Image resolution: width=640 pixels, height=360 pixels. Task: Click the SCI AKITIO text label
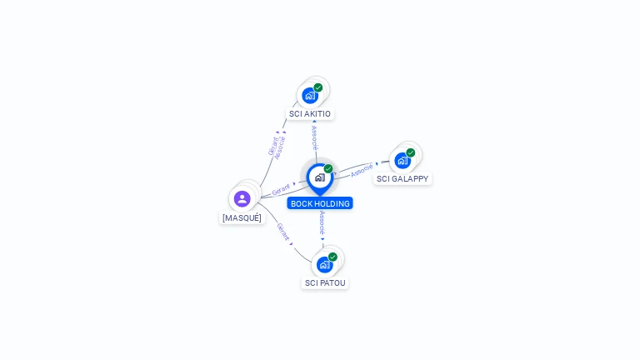310,114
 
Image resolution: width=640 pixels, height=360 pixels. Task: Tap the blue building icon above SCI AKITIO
310,96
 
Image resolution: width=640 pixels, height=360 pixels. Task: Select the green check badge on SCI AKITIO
318,87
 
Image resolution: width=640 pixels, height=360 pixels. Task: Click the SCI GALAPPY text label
402,179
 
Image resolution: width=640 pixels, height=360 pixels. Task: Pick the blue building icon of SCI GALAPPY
402,161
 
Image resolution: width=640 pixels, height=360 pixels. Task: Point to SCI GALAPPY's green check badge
411,152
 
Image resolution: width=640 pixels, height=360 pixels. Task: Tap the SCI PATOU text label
325,282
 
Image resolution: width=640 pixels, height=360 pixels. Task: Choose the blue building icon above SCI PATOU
325,265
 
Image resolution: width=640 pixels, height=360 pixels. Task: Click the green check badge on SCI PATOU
333,257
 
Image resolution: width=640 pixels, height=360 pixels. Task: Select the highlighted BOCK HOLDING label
320,203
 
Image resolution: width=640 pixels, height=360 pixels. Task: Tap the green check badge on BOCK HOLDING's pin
328,168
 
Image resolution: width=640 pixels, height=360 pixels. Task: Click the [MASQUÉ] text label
242,218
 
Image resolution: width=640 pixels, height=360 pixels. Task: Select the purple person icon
242,199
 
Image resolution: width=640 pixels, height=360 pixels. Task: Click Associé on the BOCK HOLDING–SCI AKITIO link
314,137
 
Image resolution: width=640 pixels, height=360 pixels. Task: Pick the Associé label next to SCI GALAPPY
362,170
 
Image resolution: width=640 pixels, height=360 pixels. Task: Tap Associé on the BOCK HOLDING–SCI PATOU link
322,222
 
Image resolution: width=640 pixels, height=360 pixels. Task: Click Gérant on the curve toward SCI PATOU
282,232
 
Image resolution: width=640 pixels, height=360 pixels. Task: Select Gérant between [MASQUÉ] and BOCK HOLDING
281,189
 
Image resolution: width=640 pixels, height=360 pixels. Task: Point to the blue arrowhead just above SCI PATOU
322,239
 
